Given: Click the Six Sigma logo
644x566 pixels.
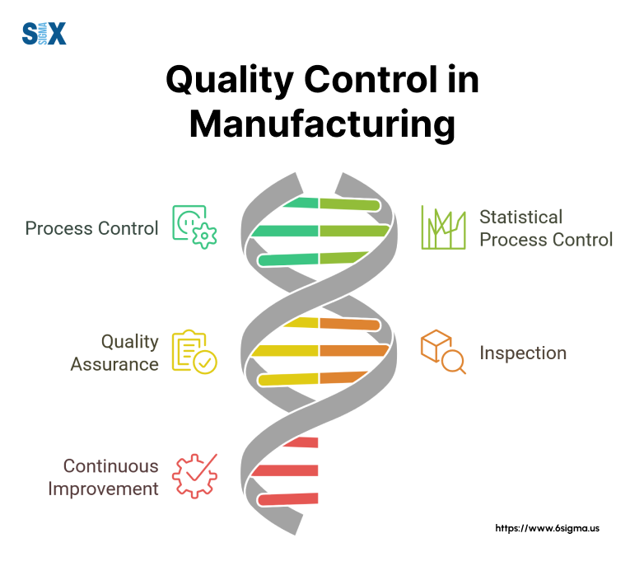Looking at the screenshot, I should (44, 34).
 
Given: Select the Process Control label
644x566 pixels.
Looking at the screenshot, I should (91, 228).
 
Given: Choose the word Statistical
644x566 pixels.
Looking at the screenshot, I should (521, 218).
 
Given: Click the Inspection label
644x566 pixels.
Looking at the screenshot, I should (523, 353).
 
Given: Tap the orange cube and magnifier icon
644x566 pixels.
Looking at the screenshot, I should (443, 353).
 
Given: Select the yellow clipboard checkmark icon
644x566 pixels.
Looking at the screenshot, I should (194, 353).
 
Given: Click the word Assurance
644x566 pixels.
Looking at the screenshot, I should (114, 363).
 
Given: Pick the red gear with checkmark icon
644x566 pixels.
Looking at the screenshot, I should (194, 477).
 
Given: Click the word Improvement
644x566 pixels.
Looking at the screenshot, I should (103, 488).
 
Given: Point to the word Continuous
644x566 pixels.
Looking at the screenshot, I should (110, 465).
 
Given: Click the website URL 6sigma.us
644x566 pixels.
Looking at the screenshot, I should (547, 528).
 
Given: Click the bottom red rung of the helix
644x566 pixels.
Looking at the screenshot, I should (288, 498).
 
